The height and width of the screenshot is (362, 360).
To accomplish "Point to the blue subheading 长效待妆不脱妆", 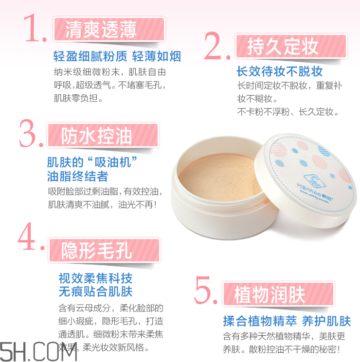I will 280,72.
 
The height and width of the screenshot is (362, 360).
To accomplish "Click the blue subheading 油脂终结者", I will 77,176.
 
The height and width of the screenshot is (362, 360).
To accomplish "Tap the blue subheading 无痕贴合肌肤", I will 95,292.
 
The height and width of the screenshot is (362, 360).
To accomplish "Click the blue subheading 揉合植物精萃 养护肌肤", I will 287,321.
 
